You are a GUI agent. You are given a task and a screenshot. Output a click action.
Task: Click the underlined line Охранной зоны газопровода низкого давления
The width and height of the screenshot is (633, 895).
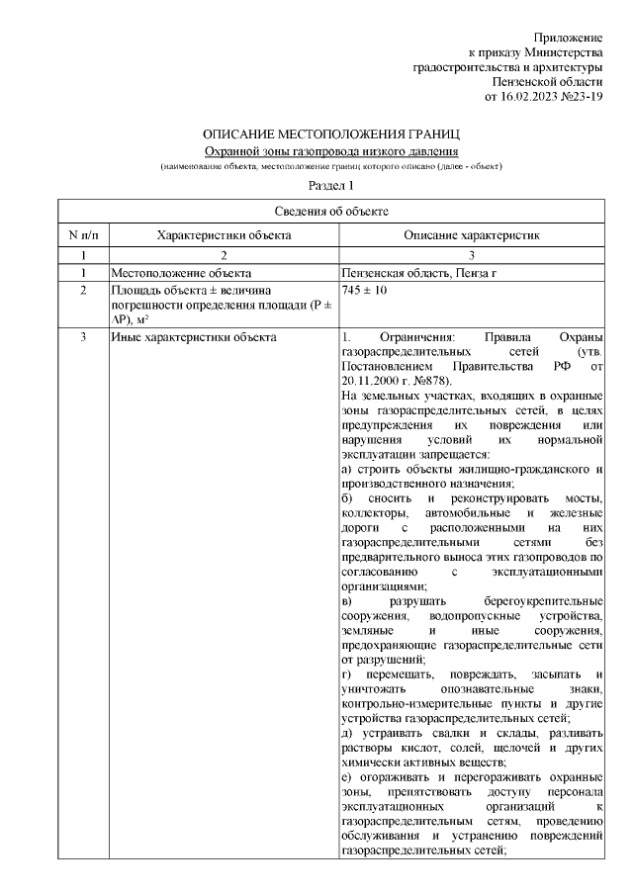330,150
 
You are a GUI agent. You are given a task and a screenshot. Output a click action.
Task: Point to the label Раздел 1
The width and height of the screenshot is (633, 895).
330,185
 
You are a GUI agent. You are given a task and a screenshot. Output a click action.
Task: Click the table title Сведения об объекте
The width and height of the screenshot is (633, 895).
330,211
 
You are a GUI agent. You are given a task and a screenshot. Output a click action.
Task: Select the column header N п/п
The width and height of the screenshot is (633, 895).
83,235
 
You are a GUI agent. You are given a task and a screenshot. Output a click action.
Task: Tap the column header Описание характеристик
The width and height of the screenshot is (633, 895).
471,235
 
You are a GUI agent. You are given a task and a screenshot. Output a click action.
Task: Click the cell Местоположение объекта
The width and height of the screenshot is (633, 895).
180,272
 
